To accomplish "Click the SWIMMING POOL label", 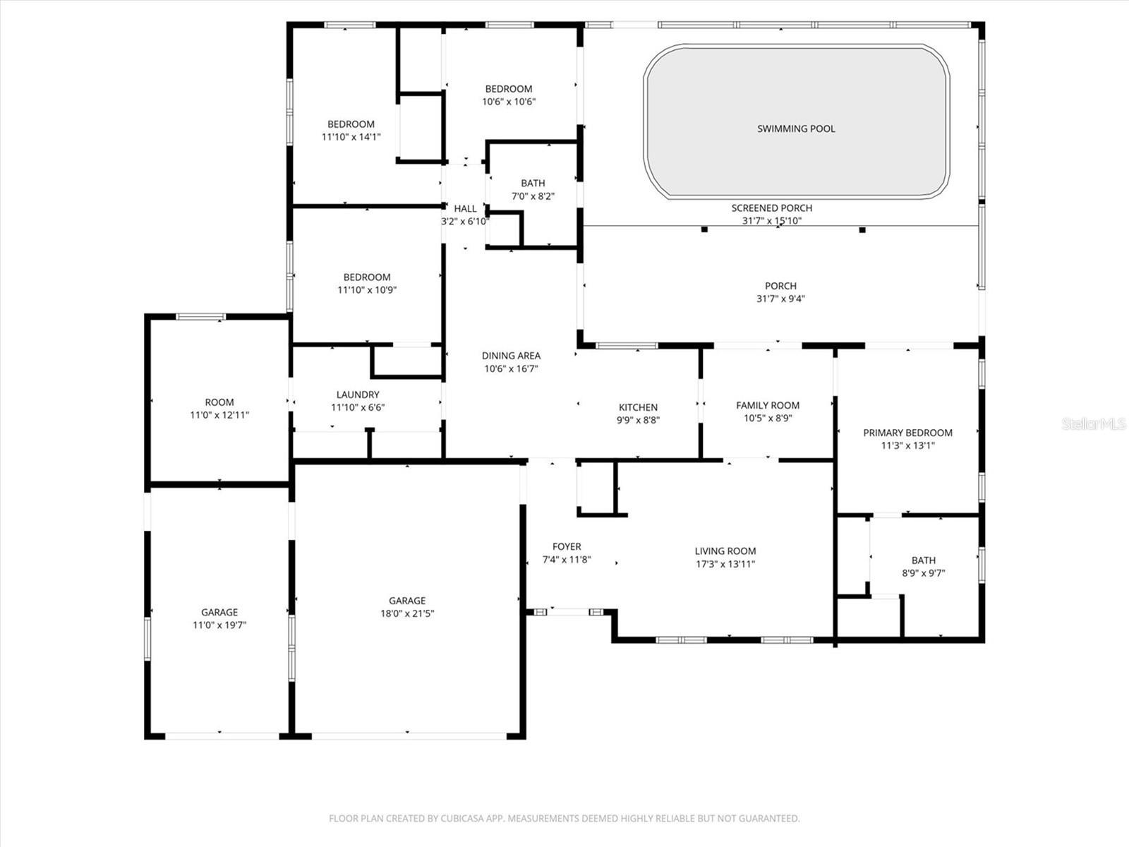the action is (796, 128).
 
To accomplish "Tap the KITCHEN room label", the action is (638, 407).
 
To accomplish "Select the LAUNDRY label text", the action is (358, 395).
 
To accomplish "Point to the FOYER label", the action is (567, 546).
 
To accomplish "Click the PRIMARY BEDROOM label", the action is (907, 433).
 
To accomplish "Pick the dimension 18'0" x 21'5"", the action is (407, 613).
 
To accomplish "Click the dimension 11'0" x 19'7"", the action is (219, 625).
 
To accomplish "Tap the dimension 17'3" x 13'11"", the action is (725, 564).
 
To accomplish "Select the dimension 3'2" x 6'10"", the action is (465, 222).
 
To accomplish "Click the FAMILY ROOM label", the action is (768, 405).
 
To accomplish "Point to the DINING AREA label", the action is (511, 355).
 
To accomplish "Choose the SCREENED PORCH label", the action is (771, 208).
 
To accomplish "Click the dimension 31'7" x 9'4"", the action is (780, 299).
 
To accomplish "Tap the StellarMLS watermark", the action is (1093, 423).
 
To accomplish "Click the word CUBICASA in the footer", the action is (462, 817).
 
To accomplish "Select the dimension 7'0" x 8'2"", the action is (533, 196).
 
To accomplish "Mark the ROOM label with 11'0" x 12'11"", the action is (219, 402).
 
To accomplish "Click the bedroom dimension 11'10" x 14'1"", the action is (351, 137).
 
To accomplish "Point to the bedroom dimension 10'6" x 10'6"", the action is (509, 102).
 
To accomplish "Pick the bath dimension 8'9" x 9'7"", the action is (923, 573).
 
